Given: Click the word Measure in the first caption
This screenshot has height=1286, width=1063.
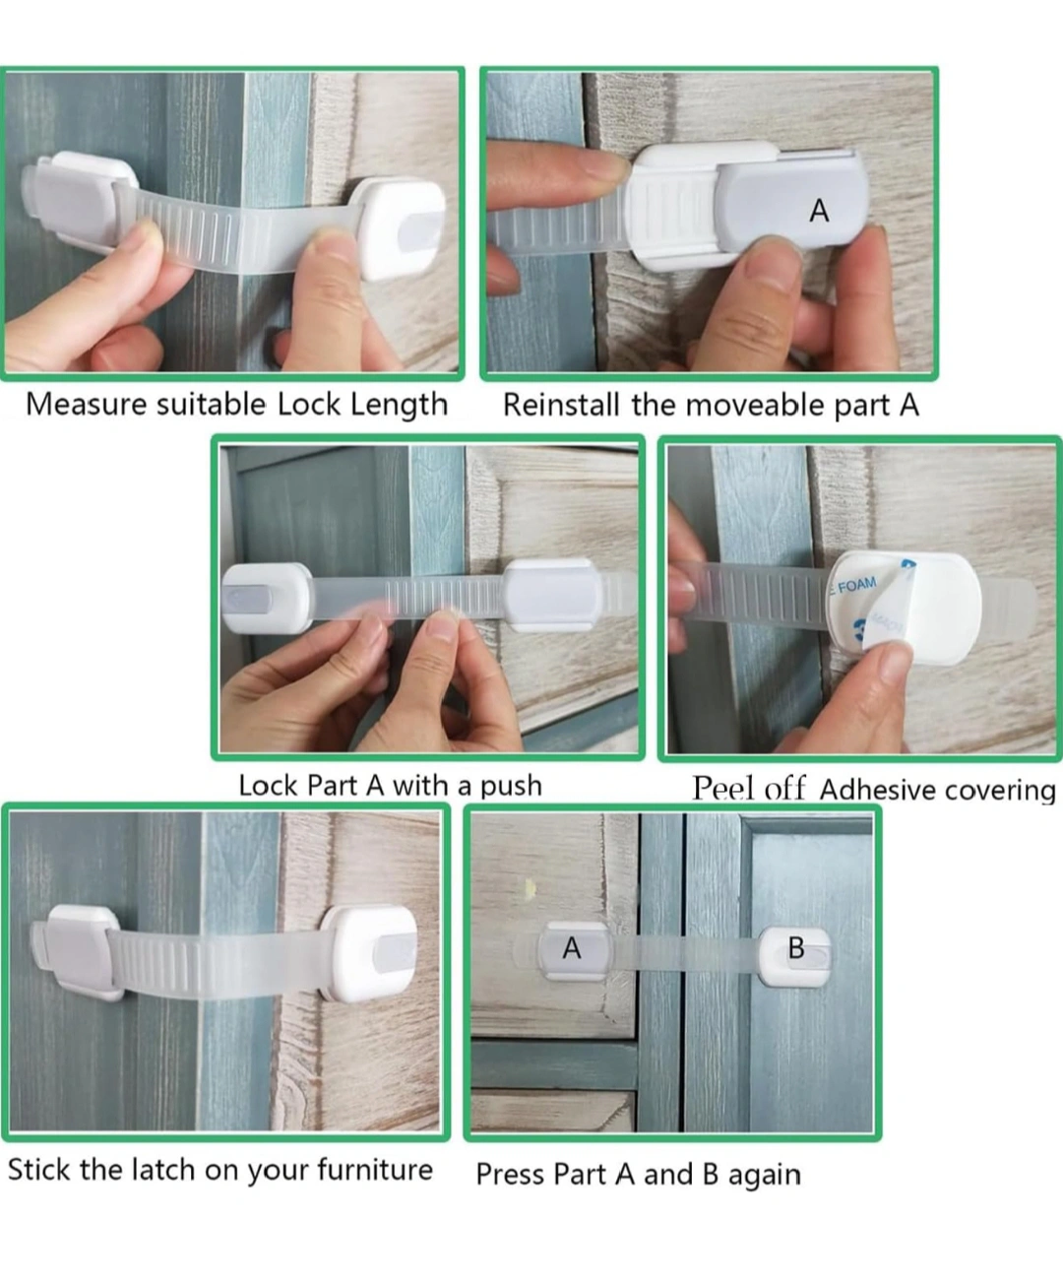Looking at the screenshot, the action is click(84, 405).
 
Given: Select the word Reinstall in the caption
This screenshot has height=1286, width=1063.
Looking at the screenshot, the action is click(561, 406).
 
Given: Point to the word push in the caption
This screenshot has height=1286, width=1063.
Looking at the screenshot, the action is click(511, 787).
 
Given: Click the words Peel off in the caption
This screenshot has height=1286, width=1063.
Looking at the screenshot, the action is click(748, 789).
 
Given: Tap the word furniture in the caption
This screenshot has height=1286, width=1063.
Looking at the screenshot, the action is click(375, 1169).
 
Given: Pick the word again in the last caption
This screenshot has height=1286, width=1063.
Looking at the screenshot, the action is click(765, 1176).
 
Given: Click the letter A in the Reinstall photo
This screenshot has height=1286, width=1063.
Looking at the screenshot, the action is click(819, 211).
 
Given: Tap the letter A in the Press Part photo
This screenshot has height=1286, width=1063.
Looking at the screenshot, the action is click(572, 948).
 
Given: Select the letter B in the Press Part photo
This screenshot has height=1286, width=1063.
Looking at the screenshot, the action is click(796, 948).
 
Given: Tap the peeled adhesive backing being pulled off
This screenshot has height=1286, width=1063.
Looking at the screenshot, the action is click(887, 610).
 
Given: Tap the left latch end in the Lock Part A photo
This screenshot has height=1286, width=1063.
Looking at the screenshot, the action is click(266, 600).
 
